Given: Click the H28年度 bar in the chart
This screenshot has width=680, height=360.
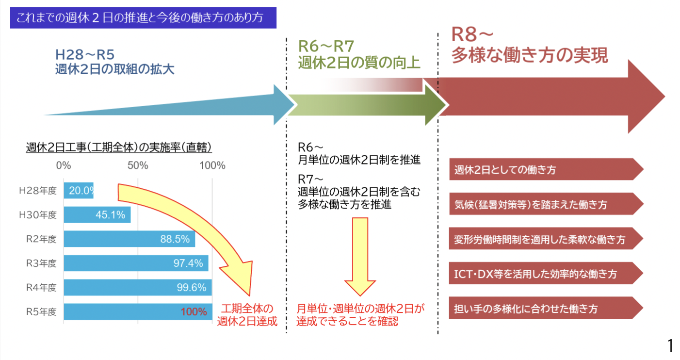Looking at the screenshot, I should (79, 191).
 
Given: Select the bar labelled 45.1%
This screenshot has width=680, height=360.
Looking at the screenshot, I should (97, 214).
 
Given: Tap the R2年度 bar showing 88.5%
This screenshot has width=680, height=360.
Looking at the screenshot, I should (129, 239).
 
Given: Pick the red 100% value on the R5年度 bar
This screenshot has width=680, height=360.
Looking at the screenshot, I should (194, 311).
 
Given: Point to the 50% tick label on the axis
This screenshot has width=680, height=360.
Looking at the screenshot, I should (138, 165).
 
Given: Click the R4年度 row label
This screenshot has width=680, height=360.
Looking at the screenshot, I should (41, 288).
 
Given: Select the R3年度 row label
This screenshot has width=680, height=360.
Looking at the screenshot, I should (41, 263).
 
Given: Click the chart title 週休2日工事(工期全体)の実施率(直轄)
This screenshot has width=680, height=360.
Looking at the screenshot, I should (119, 147).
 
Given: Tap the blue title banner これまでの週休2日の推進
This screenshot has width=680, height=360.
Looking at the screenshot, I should (143, 18).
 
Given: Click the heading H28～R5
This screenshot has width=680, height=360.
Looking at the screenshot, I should (85, 54).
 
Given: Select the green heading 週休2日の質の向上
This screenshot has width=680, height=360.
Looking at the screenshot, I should (359, 63).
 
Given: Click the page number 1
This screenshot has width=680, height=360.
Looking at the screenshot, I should (670, 346).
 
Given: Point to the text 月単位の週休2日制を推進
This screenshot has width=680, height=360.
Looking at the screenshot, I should (359, 160).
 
